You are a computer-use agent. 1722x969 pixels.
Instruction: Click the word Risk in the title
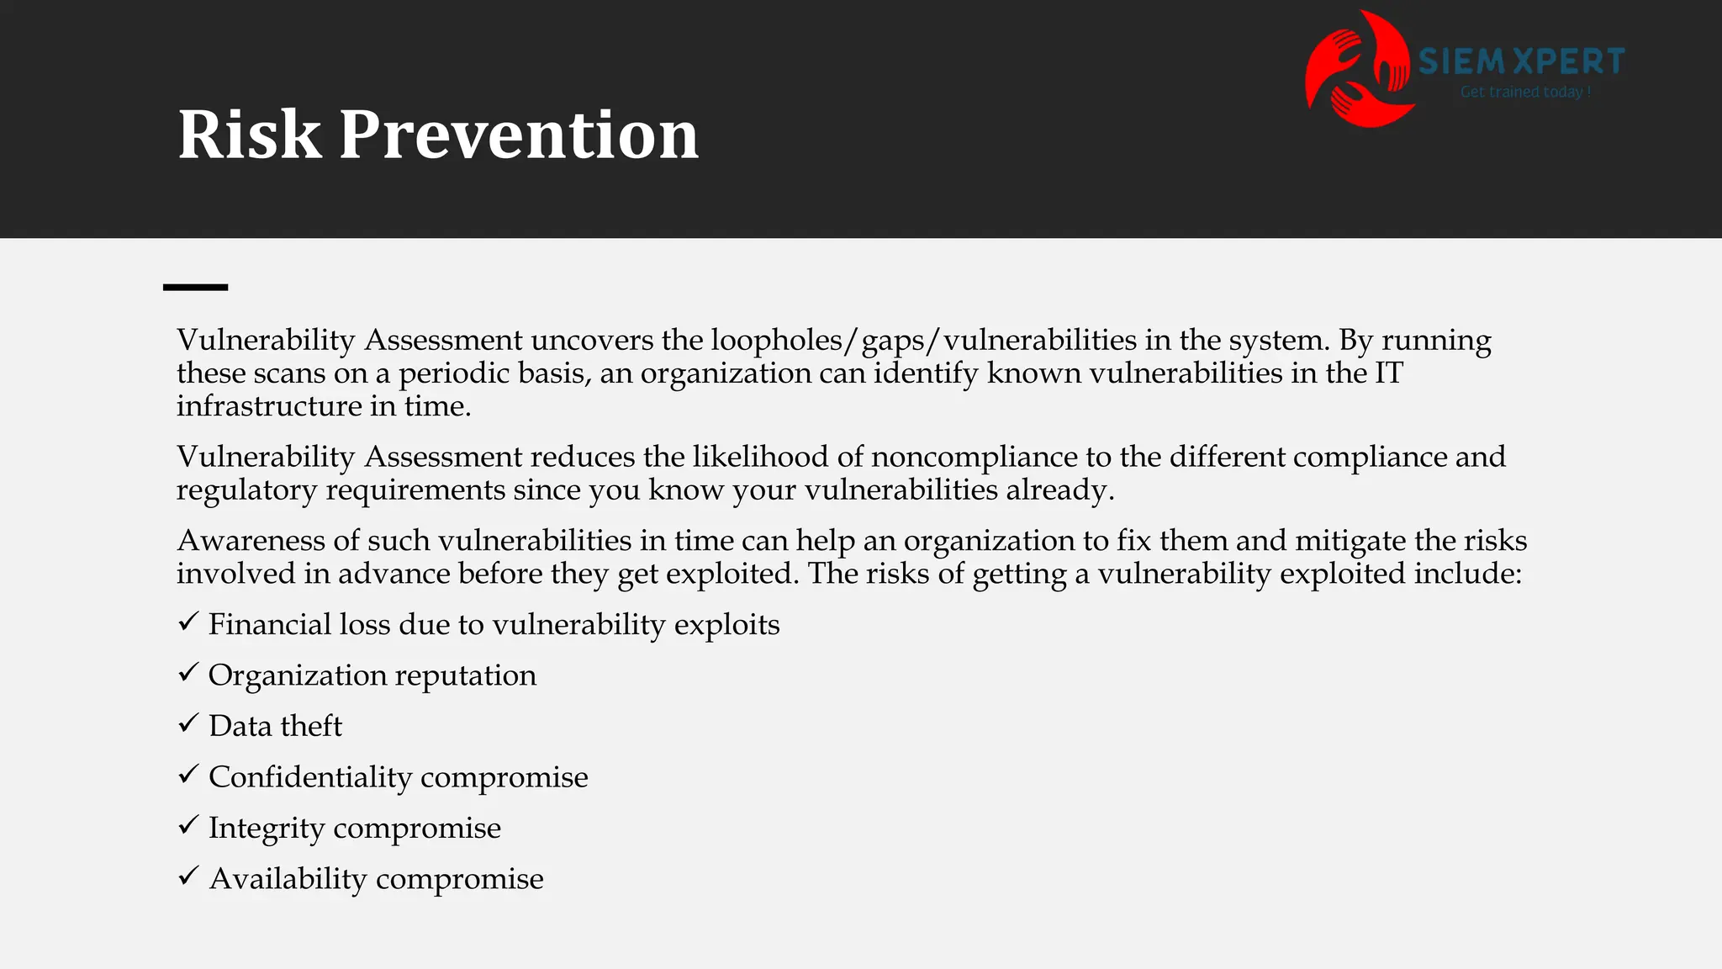point(249,135)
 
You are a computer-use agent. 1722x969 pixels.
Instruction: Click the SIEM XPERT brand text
point(1521,61)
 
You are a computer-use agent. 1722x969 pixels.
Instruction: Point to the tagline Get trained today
point(1524,92)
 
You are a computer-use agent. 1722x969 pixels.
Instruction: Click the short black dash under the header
point(195,288)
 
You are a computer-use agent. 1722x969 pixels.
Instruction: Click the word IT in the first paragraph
point(1388,373)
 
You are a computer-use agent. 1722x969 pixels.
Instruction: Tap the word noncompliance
point(974,457)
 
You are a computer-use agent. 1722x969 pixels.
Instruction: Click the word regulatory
point(246,490)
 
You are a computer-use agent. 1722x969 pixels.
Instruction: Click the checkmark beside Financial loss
point(188,622)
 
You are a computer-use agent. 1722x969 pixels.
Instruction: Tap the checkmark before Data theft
point(188,723)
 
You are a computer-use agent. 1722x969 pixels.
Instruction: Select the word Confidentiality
point(310,776)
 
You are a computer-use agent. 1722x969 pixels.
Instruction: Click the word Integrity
point(266,829)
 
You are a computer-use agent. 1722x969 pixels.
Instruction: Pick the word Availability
point(288,878)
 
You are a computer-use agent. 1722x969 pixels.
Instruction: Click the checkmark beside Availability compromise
point(188,876)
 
